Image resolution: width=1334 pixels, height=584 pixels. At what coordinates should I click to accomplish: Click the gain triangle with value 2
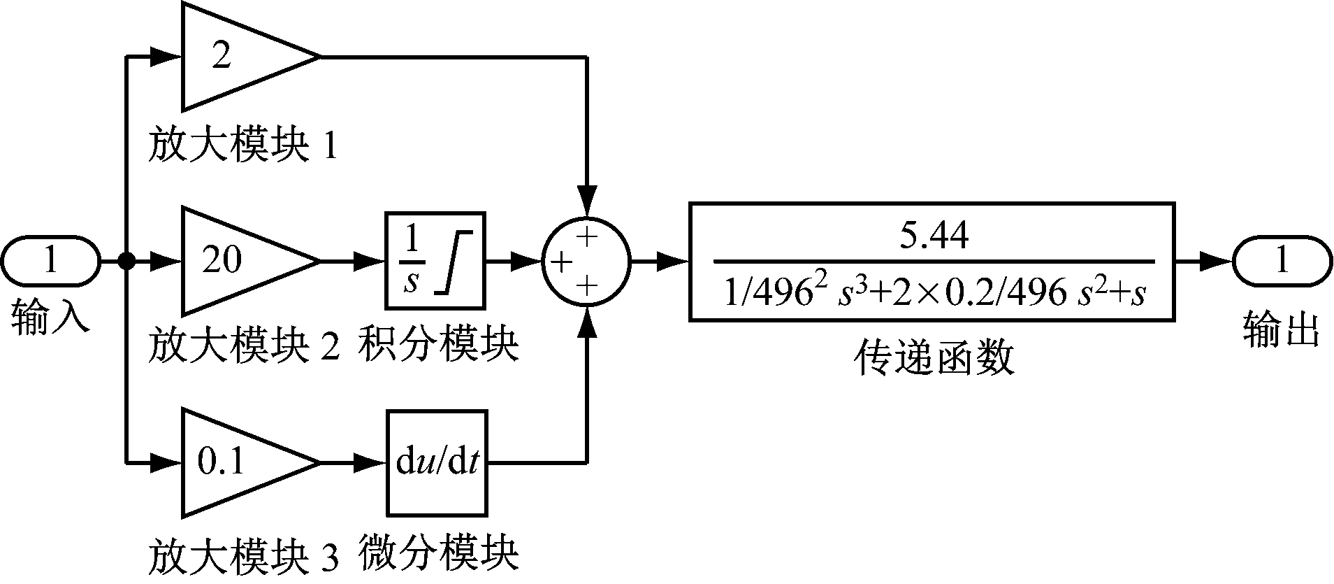click(x=238, y=56)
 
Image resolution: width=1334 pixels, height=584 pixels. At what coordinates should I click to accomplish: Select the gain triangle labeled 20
click(x=238, y=261)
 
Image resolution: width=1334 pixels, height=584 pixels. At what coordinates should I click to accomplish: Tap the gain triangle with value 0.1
click(x=238, y=462)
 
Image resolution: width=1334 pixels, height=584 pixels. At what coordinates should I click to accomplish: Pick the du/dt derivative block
click(x=437, y=463)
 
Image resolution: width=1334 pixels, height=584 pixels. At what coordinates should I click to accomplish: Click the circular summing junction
click(x=586, y=262)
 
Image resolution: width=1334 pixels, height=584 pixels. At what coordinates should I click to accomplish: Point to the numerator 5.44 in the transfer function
click(x=934, y=236)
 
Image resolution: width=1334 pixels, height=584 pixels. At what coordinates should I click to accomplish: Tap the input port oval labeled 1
click(x=50, y=262)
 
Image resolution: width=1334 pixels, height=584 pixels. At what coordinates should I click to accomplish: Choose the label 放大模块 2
click(x=242, y=345)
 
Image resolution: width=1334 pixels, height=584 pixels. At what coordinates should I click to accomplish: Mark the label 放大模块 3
click(x=242, y=556)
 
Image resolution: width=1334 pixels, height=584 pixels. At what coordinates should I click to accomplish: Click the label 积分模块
click(x=438, y=345)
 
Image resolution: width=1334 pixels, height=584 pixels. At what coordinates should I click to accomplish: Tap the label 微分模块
click(x=438, y=553)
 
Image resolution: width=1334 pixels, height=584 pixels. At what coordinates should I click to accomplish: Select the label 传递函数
click(x=934, y=359)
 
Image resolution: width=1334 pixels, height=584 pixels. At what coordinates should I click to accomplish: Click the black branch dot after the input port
click(x=126, y=262)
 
